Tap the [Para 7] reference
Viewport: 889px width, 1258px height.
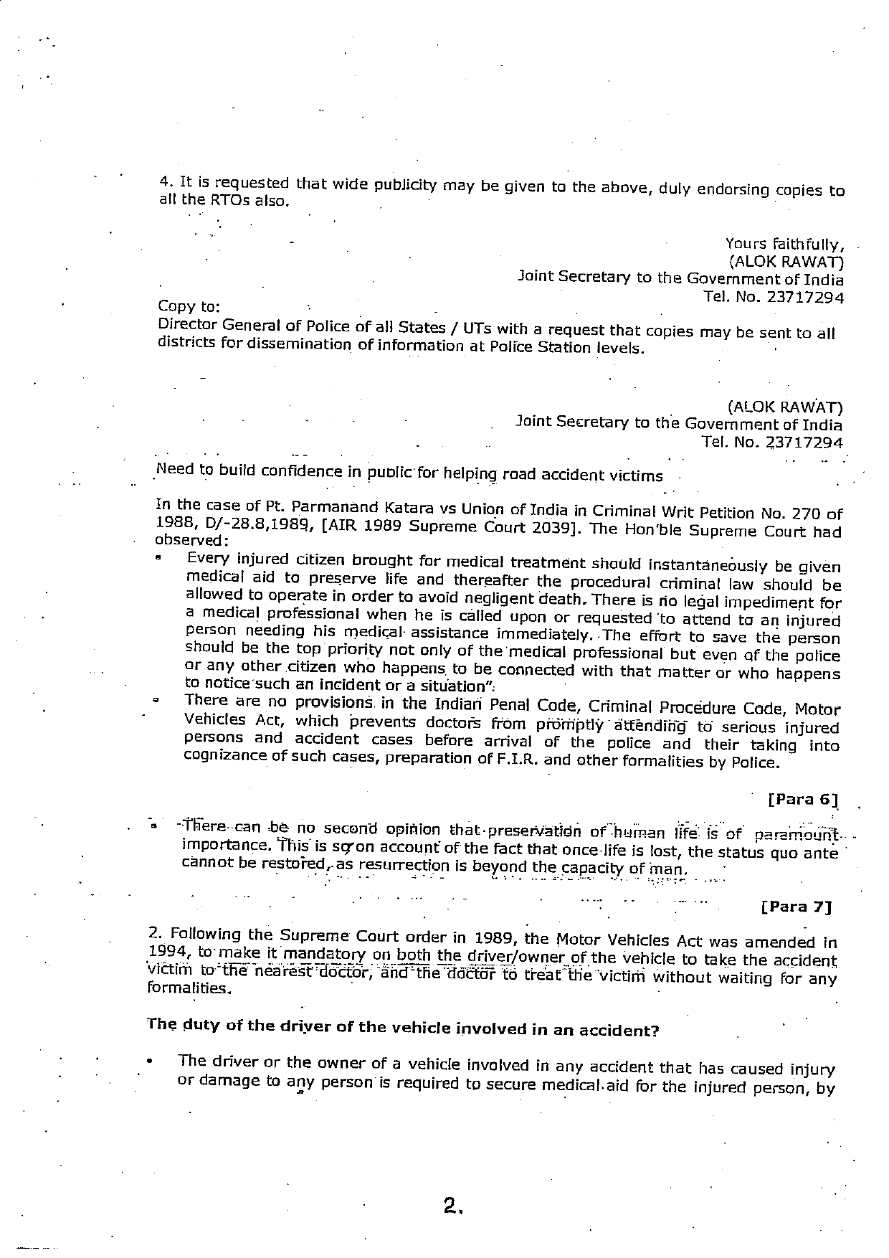pos(796,906)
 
